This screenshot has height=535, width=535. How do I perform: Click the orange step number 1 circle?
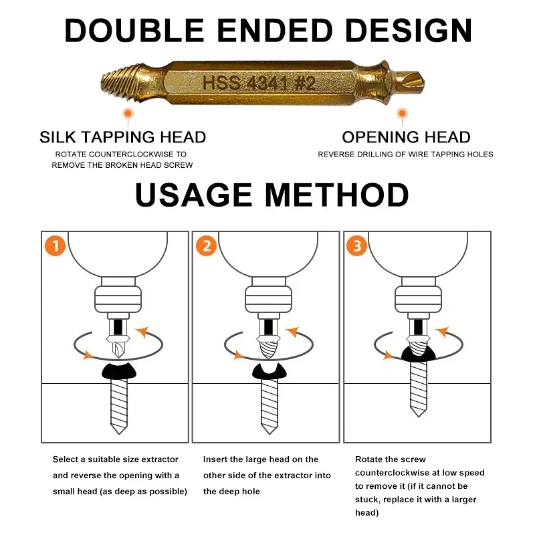tap(56, 245)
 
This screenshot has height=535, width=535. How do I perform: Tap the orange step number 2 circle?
tap(206, 245)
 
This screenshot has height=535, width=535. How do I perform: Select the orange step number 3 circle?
tap(356, 245)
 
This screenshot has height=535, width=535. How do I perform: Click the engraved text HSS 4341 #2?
tap(259, 83)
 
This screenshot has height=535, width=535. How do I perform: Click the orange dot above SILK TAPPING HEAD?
tap(128, 113)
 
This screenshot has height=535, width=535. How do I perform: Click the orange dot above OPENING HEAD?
tap(403, 113)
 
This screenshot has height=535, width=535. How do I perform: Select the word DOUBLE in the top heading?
tap(134, 31)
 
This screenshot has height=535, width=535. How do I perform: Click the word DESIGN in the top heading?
tap(409, 31)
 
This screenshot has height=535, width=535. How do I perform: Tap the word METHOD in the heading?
tap(336, 195)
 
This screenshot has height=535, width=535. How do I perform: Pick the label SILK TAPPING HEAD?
tap(123, 137)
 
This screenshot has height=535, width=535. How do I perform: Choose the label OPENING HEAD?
tap(406, 137)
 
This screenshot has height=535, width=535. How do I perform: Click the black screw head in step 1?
tap(119, 371)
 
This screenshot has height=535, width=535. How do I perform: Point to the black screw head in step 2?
tap(270, 372)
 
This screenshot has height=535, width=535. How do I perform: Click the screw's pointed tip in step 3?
tap(419, 416)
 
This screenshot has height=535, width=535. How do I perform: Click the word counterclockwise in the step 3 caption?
tap(391, 473)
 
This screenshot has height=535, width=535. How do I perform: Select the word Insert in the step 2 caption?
tap(215, 459)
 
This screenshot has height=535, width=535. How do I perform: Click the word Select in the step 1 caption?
tap(66, 459)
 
